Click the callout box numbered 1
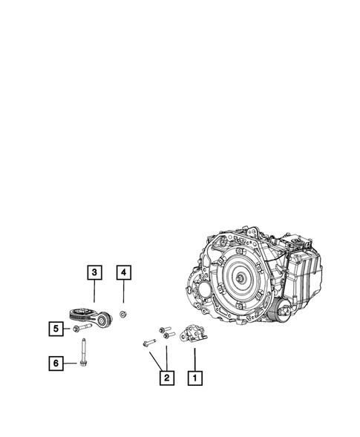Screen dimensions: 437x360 tap(195, 378)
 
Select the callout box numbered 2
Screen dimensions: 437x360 tap(167, 378)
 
